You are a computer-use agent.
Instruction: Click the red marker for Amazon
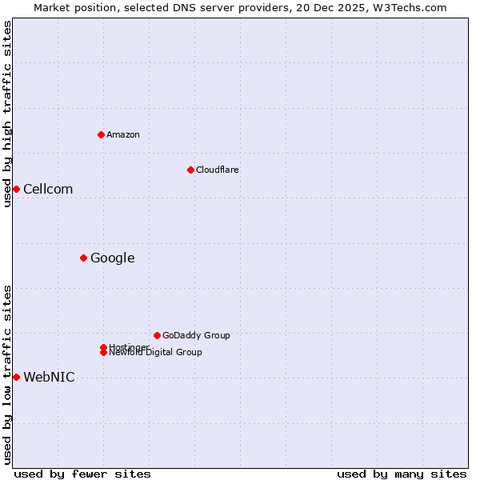coord(101,134)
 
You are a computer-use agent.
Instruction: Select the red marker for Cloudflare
coord(190,170)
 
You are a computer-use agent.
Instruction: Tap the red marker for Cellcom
coord(16,189)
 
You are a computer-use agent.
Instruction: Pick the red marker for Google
coord(83,258)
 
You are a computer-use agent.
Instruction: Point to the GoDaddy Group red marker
coord(157,335)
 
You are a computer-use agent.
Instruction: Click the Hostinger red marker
coord(103,347)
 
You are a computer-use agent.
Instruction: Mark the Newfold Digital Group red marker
coord(103,353)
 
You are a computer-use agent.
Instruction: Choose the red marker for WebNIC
coord(16,377)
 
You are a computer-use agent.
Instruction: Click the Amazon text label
coord(123,134)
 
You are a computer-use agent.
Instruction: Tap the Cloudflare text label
coord(218,170)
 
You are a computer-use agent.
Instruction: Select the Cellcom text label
coord(48,190)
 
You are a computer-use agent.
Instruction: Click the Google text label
coord(113,258)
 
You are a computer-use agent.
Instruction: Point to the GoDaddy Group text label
coord(196,336)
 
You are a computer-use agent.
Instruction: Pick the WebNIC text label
coord(49,378)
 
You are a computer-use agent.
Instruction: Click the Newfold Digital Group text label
coord(156,353)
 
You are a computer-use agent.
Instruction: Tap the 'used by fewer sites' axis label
coord(82,474)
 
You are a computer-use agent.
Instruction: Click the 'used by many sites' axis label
coord(402,474)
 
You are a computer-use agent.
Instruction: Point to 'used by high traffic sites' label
coord(7,114)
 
